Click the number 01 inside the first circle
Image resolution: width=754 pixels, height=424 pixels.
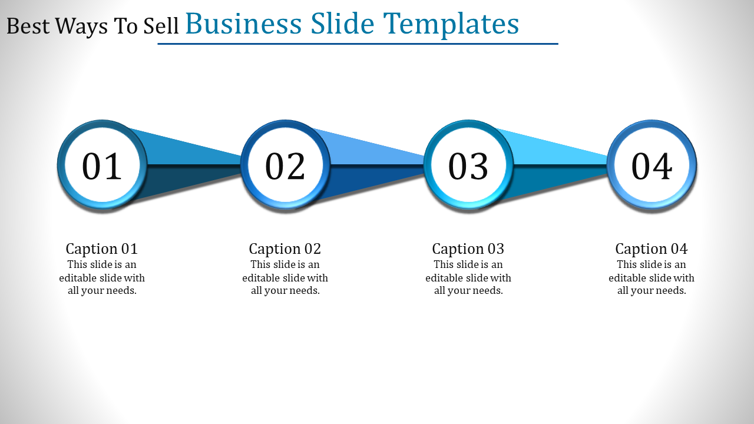tap(102, 166)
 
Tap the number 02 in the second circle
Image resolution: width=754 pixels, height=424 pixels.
tap(285, 166)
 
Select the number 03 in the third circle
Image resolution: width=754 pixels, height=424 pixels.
tap(468, 166)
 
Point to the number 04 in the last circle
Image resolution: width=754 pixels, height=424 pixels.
tap(652, 166)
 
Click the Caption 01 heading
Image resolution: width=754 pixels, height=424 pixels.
tap(102, 249)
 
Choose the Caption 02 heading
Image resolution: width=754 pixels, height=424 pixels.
tap(285, 249)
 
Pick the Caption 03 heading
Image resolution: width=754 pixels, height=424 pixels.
tap(468, 249)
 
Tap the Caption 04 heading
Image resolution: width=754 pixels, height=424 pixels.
tap(652, 249)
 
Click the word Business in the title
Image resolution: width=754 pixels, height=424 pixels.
tap(243, 24)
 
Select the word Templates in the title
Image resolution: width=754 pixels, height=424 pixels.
tap(451, 25)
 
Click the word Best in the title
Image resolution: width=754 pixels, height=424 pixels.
tap(28, 26)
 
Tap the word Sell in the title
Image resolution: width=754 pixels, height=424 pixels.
tap(161, 26)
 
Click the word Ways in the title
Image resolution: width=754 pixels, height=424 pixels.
tap(81, 27)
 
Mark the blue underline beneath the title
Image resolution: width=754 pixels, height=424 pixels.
tap(358, 44)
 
